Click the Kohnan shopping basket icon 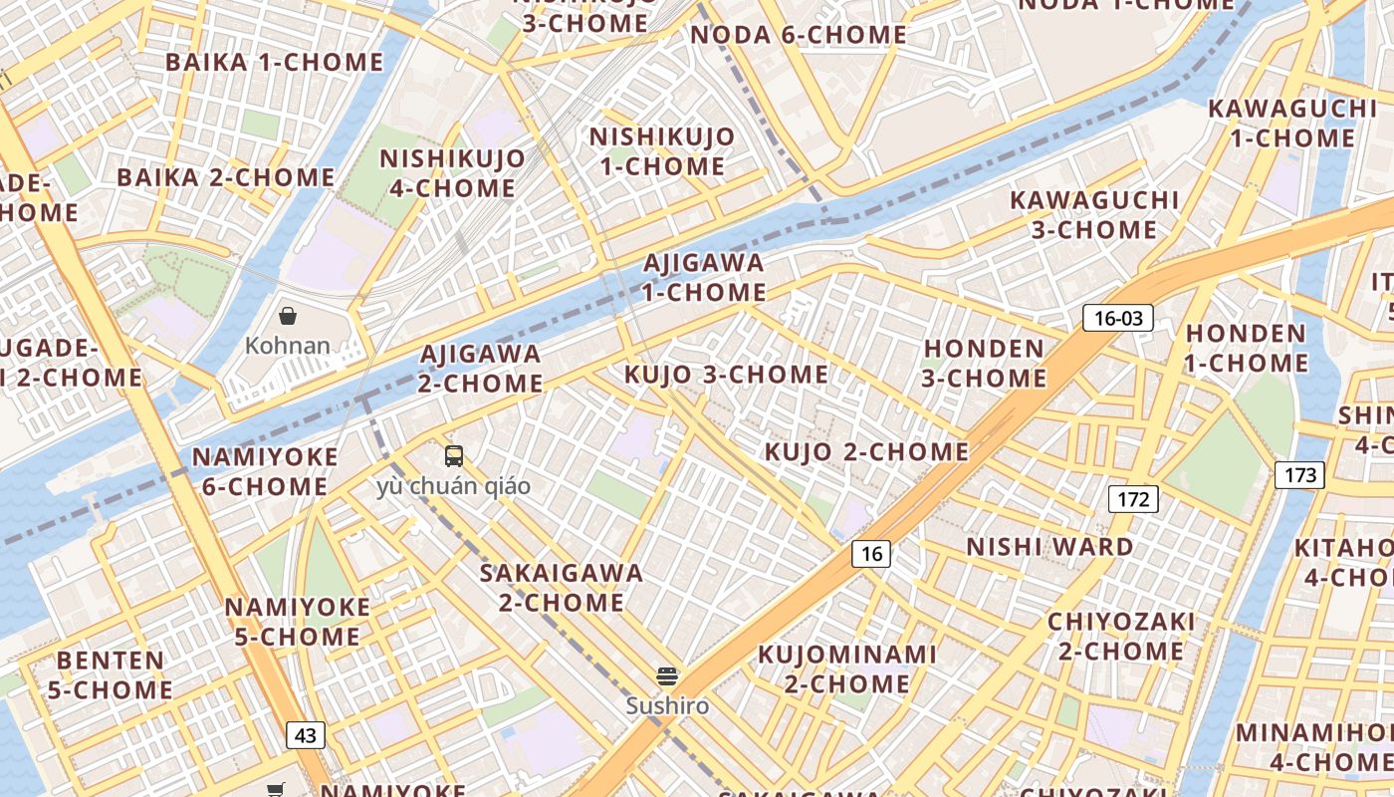coord(288,317)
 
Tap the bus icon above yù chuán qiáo coord(454,456)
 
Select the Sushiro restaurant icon coord(667,677)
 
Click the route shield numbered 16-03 coord(1118,318)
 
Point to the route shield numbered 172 coord(1133,499)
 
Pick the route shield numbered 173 coord(1299,475)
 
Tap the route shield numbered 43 coord(306,735)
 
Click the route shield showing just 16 coord(871,554)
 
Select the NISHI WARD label coord(1049,547)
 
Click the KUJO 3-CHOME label coord(726,375)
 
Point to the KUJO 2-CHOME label coord(866,452)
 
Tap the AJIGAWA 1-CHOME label coord(704,278)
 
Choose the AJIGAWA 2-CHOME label coord(481,369)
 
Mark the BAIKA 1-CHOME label coord(274,62)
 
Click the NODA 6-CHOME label coord(799,35)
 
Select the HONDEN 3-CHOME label coord(985,364)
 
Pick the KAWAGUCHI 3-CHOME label coord(1094,215)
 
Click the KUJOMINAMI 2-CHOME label coord(847,668)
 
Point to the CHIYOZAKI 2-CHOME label coord(1121,637)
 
